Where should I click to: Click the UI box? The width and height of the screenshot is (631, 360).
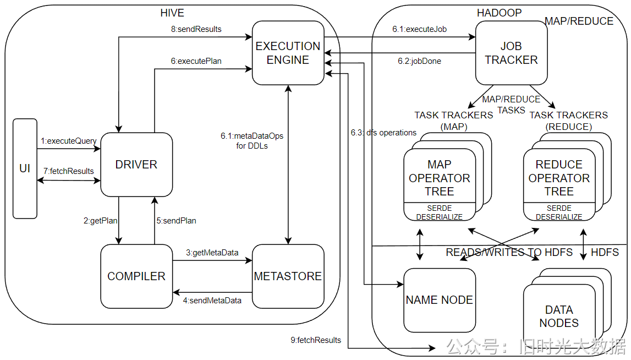25,168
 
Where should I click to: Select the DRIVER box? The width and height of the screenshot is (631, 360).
136,165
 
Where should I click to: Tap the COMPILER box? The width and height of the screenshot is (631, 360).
136,276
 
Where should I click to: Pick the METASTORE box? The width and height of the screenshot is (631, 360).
288,276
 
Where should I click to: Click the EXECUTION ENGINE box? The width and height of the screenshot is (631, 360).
288,53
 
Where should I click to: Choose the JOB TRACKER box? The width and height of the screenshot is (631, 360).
511,53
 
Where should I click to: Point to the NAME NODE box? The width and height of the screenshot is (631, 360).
440,300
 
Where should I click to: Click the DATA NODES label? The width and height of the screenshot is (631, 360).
559,317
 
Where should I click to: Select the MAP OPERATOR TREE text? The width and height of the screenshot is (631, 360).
440,178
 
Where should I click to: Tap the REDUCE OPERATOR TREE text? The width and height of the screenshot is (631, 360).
559,178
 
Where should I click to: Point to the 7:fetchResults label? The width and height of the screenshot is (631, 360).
69,171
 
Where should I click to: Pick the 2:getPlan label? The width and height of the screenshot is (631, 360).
101,221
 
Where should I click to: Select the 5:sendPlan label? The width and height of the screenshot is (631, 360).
176,221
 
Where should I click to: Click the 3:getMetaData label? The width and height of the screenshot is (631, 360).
212,253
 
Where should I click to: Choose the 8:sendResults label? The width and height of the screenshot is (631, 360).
196,29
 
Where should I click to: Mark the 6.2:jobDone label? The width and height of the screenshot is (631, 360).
420,61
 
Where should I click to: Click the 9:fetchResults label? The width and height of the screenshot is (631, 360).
316,340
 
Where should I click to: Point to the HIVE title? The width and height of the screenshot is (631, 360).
172,13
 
